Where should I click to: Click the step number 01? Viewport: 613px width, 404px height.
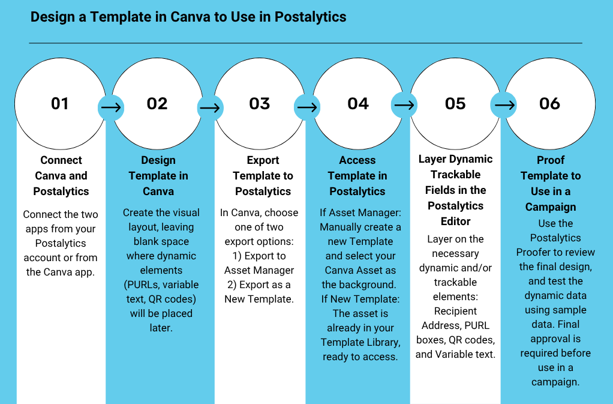coord(60,104)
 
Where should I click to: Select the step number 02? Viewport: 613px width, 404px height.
coord(157,104)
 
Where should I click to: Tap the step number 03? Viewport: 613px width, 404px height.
coord(260,104)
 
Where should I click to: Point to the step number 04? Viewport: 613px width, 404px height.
coord(358,104)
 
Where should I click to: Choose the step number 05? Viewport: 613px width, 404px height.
coord(455,104)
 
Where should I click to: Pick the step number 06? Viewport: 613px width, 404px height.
coord(549,104)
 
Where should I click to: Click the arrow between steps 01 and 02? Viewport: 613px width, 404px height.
coord(110,107)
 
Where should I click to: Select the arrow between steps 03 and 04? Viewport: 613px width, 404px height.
coord(307,107)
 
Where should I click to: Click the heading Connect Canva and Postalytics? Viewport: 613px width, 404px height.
coord(61,176)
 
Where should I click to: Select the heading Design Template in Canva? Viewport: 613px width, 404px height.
coord(158,176)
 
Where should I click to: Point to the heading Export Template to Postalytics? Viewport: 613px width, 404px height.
coord(263,176)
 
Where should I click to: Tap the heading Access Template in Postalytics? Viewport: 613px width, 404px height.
coord(357,176)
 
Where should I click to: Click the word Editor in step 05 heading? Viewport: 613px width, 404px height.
coord(455,222)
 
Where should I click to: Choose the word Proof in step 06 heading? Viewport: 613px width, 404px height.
coord(551,160)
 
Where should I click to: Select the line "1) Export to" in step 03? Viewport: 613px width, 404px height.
coord(259,256)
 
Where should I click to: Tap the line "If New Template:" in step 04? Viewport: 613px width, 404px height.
coord(359,299)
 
